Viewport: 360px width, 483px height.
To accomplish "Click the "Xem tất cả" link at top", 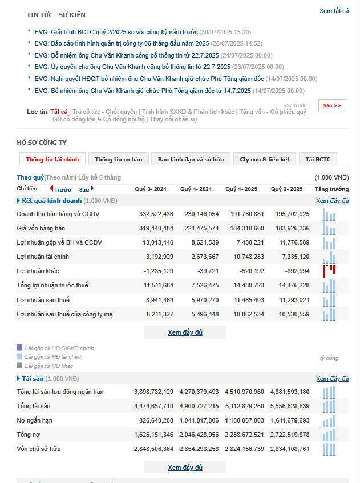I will [x=334, y=11].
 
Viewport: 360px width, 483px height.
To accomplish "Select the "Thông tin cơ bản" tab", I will [x=118, y=159].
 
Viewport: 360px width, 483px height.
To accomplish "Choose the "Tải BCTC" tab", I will [x=318, y=159].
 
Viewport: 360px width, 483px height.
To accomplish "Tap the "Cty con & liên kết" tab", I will [x=264, y=159].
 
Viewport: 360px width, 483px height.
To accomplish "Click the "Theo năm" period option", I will [x=60, y=177].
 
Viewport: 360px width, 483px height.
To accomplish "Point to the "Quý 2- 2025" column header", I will [x=286, y=189].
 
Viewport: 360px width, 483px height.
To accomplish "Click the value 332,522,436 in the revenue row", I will [x=156, y=214].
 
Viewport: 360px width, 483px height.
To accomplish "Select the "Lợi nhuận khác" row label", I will [x=38, y=271].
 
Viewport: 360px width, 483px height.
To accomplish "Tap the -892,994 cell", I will [x=296, y=271].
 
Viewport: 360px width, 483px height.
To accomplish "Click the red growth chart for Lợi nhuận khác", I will [x=329, y=271].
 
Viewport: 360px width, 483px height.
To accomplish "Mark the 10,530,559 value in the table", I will [x=294, y=314].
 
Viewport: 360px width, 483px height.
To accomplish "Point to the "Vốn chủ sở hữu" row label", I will [x=38, y=449].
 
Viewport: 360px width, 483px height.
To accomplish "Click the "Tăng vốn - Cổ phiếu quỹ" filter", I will [x=273, y=112].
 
